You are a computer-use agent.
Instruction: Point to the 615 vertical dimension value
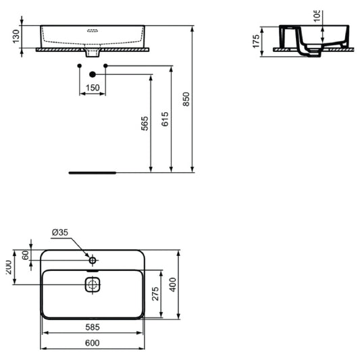tap(165, 119)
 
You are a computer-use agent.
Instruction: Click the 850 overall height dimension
tap(187, 100)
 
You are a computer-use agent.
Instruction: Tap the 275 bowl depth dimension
tap(155, 294)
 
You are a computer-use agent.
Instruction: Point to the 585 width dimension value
tap(93, 326)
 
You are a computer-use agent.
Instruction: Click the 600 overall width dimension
tap(93, 343)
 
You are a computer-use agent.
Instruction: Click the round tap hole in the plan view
tap(93, 259)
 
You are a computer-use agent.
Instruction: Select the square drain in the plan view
tap(93, 285)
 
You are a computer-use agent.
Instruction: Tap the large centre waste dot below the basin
tap(93, 74)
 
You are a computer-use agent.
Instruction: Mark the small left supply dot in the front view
tap(80, 65)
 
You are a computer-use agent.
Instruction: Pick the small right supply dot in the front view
tap(105, 65)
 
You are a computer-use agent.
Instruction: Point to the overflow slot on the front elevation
tap(93, 30)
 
